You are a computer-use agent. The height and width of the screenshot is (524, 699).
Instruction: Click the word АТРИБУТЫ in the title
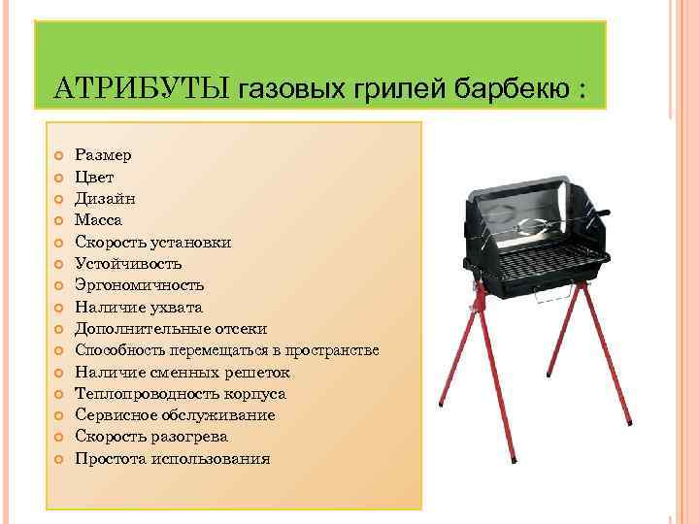tap(142, 89)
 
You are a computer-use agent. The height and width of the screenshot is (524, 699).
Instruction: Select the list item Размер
tap(104, 155)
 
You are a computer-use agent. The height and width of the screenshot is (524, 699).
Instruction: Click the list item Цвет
tap(94, 178)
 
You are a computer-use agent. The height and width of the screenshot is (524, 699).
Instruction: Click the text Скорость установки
tap(152, 243)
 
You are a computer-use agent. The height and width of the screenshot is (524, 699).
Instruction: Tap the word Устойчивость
tap(128, 264)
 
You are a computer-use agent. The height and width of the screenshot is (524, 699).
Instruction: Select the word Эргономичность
tap(140, 285)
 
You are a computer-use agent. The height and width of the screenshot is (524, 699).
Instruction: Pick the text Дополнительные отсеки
tap(171, 329)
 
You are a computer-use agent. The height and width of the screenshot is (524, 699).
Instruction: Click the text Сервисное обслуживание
tap(175, 415)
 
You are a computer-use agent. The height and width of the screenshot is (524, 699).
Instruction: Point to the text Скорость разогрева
tap(151, 437)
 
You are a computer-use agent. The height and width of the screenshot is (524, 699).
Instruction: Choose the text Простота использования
tap(173, 459)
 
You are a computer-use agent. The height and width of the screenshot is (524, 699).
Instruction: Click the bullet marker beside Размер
tap(58, 155)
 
